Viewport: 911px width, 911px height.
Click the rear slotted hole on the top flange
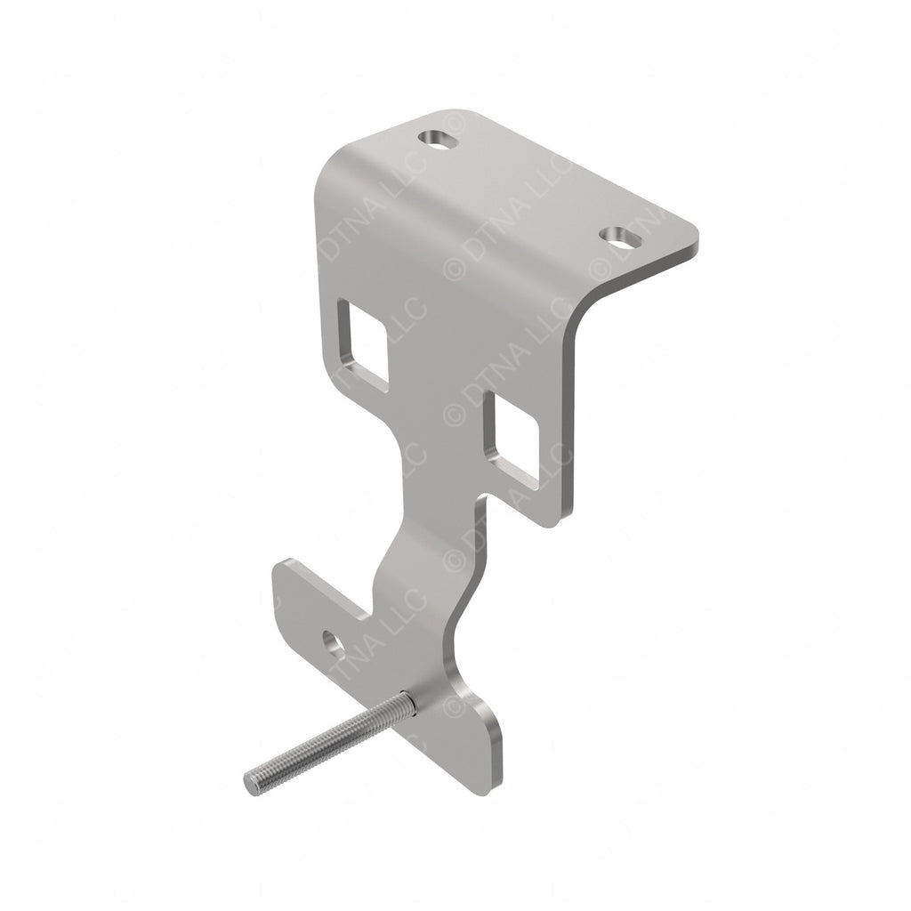(440, 139)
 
